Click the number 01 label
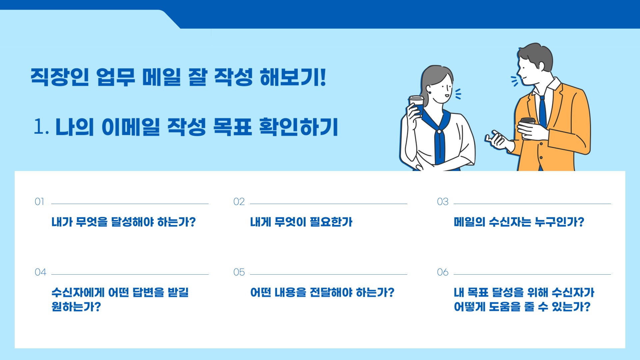[x=39, y=202]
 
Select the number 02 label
[x=239, y=202]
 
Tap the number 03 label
[x=443, y=202]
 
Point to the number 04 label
[x=40, y=272]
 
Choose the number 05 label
[x=239, y=272]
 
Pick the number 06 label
[x=443, y=272]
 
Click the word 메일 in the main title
[x=161, y=77]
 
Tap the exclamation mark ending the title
[x=322, y=77]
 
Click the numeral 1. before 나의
[x=41, y=127]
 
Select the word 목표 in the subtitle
[x=232, y=127]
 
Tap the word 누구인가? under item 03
[x=559, y=222]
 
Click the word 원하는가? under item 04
[x=76, y=307]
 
